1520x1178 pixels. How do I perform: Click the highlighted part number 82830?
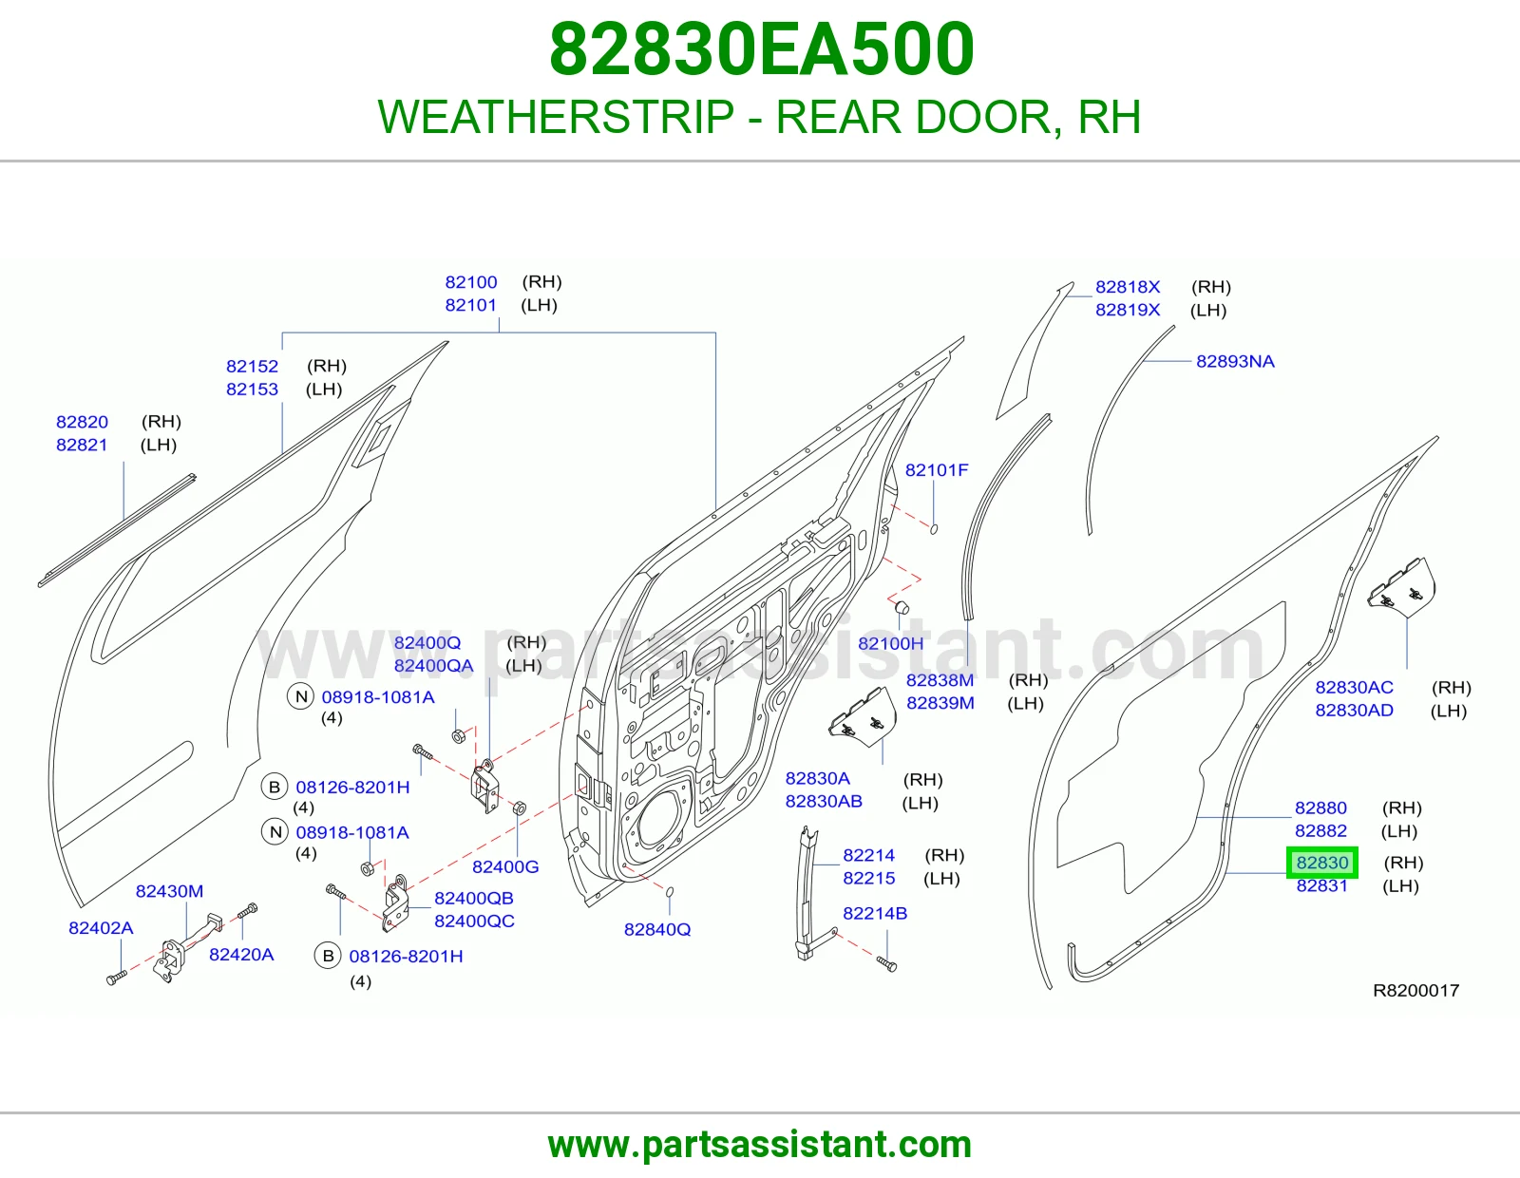click(x=1321, y=863)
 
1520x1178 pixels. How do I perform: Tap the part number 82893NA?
click(x=1235, y=362)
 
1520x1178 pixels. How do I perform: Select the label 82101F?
click(x=937, y=470)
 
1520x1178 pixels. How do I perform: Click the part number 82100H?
click(x=890, y=643)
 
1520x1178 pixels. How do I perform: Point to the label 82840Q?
click(x=657, y=930)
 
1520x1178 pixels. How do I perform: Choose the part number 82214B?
click(x=875, y=914)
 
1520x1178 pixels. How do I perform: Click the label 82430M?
click(x=169, y=891)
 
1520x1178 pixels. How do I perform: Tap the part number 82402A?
click(x=101, y=928)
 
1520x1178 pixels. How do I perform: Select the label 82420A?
click(x=241, y=955)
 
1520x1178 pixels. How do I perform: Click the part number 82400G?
click(x=505, y=867)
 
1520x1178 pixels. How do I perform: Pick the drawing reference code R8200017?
click(x=1415, y=991)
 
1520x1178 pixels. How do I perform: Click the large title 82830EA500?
click(x=762, y=49)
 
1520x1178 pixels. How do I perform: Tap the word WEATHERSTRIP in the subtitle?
click(x=556, y=117)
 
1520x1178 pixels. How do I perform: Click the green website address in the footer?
click(x=760, y=1145)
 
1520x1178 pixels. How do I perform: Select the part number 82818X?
click(x=1128, y=287)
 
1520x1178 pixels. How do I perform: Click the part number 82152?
click(x=252, y=367)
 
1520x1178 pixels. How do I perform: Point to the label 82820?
click(x=82, y=422)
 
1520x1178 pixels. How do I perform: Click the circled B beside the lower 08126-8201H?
click(x=328, y=956)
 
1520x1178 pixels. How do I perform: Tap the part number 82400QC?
click(x=474, y=921)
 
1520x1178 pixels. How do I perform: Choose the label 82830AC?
click(x=1354, y=688)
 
